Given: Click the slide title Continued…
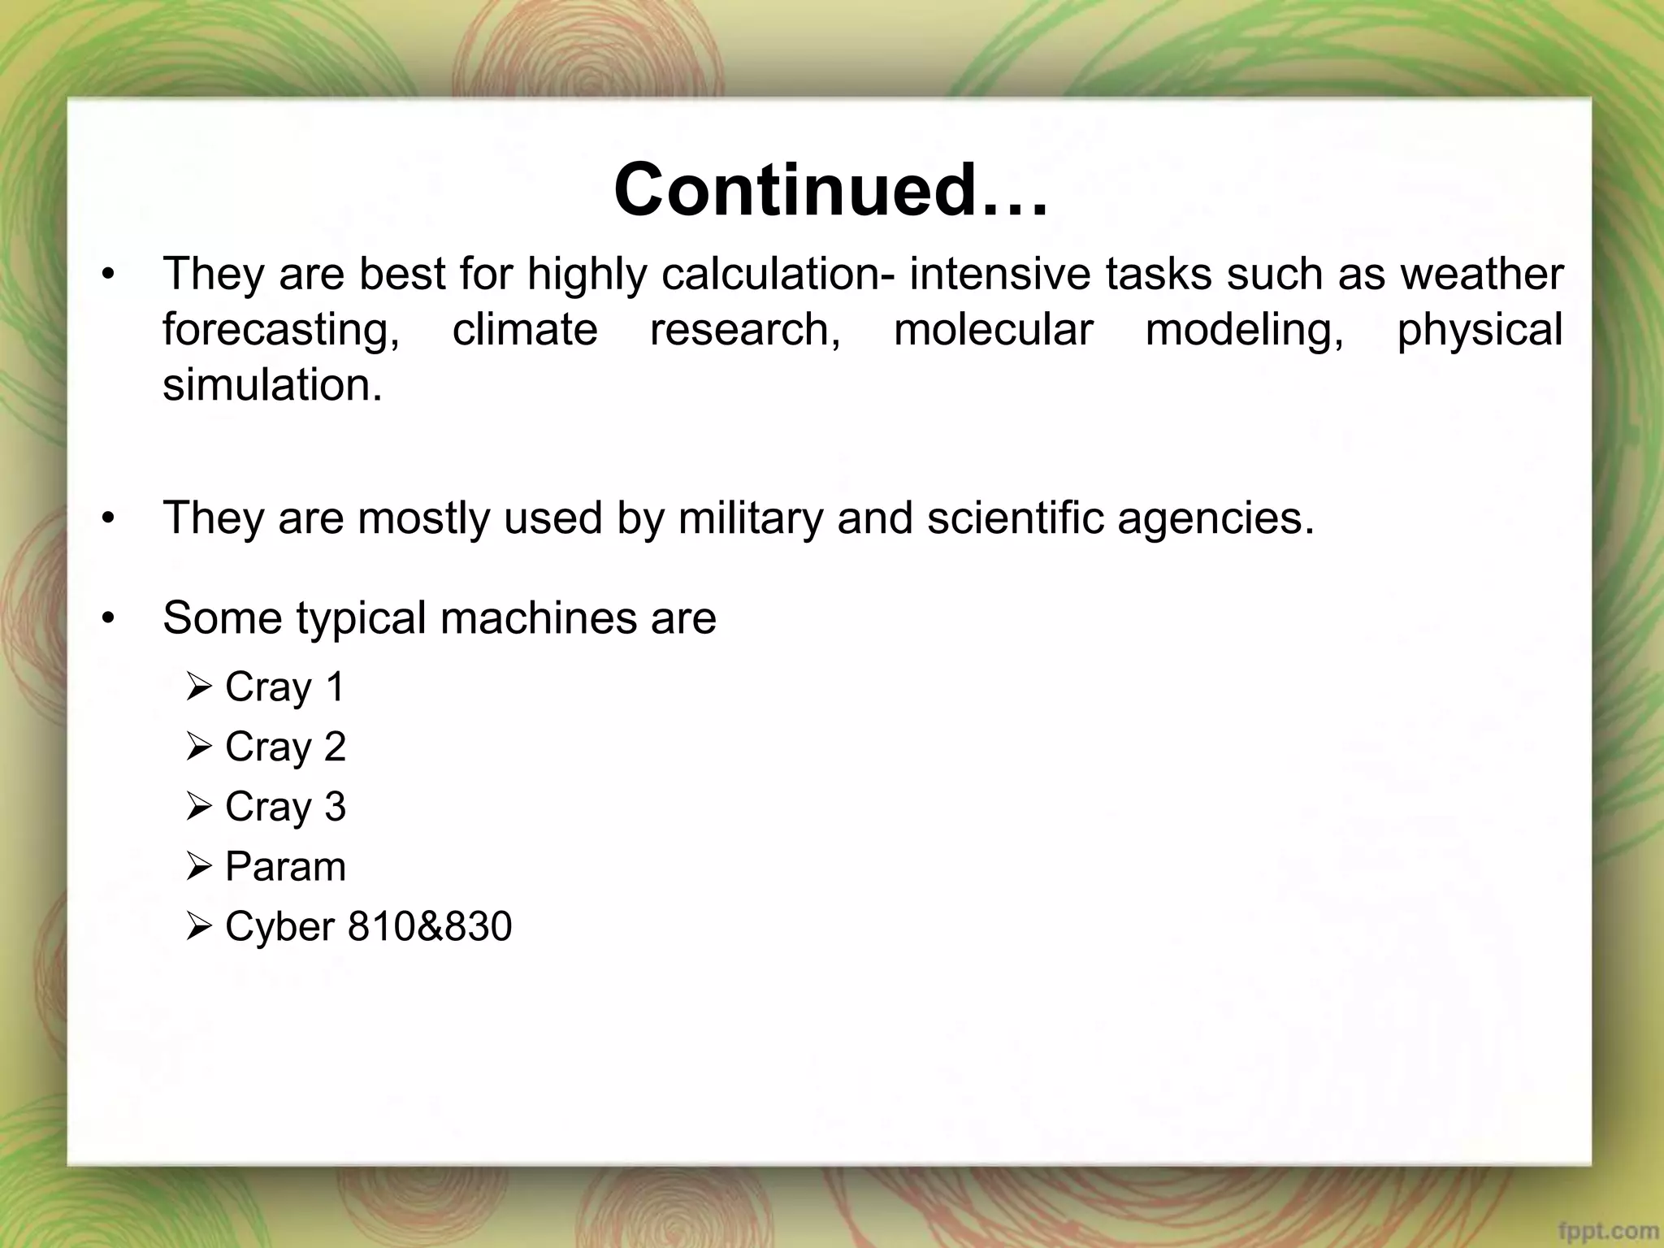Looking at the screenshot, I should point(830,191).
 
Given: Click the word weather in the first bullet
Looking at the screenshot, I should point(1481,274).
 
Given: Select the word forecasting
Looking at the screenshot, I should point(281,330).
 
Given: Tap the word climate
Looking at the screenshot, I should point(525,330).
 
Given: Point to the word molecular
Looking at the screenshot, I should point(993,330).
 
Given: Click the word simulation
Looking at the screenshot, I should point(272,384).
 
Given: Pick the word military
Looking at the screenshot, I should point(750,518).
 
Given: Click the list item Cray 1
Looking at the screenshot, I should point(284,687).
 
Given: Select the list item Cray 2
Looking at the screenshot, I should point(284,747).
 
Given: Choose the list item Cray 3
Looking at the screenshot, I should point(284,807).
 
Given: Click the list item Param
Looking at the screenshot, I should point(284,866).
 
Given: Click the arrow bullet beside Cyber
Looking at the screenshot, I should point(198,926).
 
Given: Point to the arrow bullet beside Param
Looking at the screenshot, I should point(198,867).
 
